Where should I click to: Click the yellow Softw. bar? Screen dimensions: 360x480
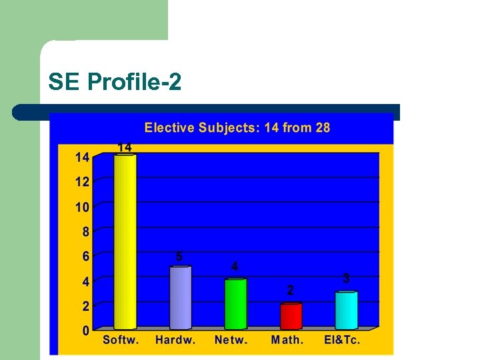click(x=125, y=241)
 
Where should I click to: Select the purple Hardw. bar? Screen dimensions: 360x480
click(x=180, y=297)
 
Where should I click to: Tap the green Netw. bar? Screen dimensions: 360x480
click(x=235, y=304)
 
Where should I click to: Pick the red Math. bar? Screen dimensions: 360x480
click(x=291, y=316)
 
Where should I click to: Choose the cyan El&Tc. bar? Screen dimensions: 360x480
click(x=346, y=310)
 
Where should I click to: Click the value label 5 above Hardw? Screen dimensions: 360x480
click(x=179, y=256)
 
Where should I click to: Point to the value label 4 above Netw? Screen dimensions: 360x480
click(x=235, y=267)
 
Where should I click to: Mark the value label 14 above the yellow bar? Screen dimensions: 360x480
click(x=125, y=147)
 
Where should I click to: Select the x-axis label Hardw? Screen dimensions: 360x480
click(x=175, y=340)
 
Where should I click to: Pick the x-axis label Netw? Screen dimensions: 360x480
click(x=231, y=340)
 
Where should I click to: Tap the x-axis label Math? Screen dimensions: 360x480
click(x=287, y=340)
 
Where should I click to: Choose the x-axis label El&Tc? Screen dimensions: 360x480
click(x=342, y=340)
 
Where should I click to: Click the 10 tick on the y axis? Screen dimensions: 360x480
click(x=82, y=207)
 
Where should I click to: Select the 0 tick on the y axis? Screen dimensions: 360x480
click(x=86, y=331)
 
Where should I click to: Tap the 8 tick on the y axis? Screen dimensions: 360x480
click(x=86, y=232)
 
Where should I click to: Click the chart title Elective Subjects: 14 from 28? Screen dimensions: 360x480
click(x=237, y=127)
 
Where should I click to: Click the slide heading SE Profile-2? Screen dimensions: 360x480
click(x=115, y=82)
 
